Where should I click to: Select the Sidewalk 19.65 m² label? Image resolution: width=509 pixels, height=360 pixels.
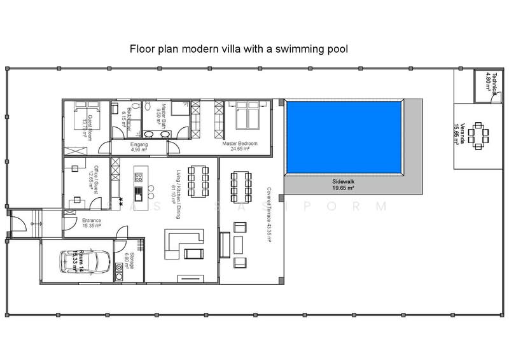[x=342, y=184]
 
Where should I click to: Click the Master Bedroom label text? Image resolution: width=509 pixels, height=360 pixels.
[x=240, y=144]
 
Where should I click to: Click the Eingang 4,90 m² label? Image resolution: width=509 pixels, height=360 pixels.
[x=139, y=147]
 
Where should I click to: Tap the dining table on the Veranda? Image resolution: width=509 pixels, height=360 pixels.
[x=485, y=134]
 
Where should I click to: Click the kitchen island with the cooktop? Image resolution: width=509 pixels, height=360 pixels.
[x=137, y=187]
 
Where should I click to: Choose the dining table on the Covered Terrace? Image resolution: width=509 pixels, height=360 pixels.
[x=242, y=183]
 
